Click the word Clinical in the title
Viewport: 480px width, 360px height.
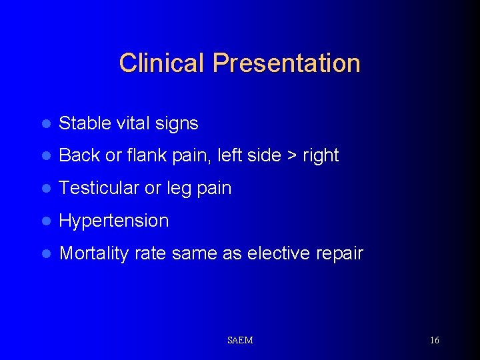[x=163, y=63]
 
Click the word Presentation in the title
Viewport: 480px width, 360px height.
[x=287, y=63]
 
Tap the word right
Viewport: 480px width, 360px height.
[x=321, y=156]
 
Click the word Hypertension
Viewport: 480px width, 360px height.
[x=114, y=221]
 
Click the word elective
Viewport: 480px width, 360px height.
[x=278, y=253]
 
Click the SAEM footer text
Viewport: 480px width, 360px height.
[x=240, y=341]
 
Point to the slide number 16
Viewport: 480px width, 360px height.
[x=434, y=341]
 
